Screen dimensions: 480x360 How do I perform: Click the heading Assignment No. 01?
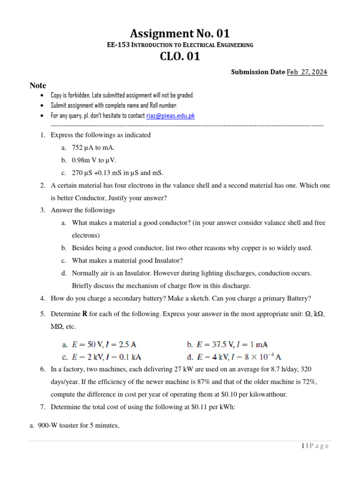(x=180, y=33)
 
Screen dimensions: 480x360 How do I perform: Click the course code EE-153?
(x=117, y=45)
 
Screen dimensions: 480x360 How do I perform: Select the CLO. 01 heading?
(x=180, y=57)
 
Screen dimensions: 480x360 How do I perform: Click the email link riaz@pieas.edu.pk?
(x=170, y=116)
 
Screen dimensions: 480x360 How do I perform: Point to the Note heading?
(x=38, y=85)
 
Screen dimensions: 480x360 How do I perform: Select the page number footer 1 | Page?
(x=315, y=446)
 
